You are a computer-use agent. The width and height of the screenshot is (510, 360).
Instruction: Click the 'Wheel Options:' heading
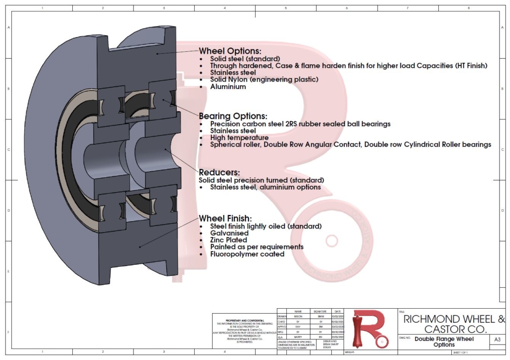(x=230, y=51)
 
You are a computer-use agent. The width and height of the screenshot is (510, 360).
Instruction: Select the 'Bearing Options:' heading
(x=233, y=116)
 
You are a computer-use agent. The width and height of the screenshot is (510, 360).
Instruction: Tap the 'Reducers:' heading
(x=220, y=172)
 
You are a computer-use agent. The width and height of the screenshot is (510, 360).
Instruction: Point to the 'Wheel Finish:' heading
(x=225, y=218)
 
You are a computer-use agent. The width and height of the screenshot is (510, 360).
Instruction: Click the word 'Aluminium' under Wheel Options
(x=228, y=87)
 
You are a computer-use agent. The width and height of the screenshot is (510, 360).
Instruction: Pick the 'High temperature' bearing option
(x=239, y=137)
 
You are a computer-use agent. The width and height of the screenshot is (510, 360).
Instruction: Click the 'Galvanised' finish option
(x=229, y=233)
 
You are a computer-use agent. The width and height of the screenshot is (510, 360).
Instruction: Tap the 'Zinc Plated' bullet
(x=228, y=240)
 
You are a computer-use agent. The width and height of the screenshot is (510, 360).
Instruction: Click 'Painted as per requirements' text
(x=256, y=247)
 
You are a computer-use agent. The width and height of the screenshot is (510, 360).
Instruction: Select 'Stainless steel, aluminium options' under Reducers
(x=265, y=187)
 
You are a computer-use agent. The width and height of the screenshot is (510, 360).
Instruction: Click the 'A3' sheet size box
(x=497, y=340)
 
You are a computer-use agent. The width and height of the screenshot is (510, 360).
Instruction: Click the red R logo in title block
(x=369, y=328)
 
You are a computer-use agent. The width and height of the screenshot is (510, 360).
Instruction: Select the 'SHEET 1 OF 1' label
(x=463, y=352)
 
